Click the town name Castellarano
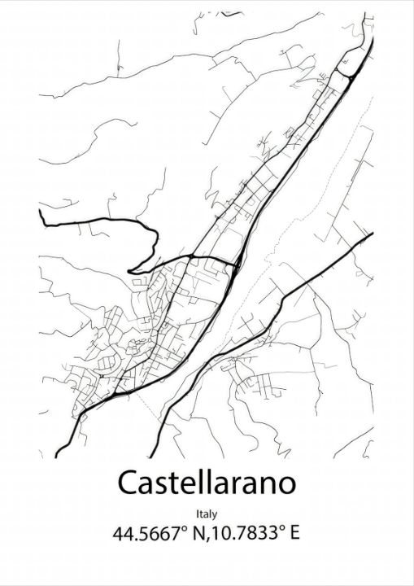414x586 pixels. coord(207,483)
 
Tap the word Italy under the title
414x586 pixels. coord(207,514)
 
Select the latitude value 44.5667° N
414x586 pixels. coord(162,535)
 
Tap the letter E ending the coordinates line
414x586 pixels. coord(295,535)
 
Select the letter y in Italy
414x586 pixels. coord(216,515)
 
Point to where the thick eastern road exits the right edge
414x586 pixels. coord(372,234)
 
